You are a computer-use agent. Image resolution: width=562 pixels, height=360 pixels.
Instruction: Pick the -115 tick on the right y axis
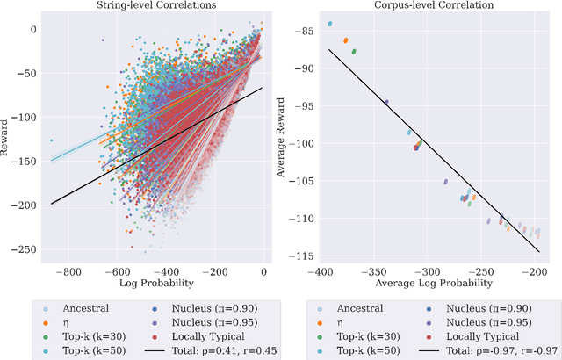302,256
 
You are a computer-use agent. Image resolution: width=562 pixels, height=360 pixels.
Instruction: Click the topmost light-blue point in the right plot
329,24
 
